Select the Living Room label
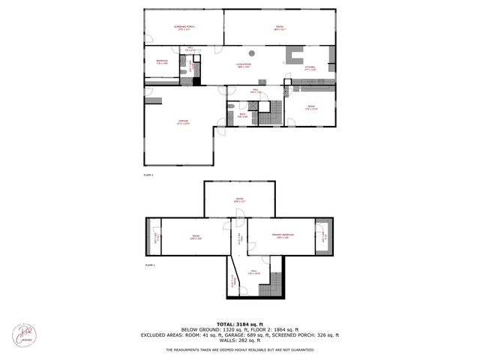coord(243,66)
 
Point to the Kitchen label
coord(309,68)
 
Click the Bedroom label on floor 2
coord(162,61)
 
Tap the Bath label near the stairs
coord(242,115)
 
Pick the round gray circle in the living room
coord(253,52)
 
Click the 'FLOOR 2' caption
coord(148,174)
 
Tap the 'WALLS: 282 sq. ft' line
coord(241,340)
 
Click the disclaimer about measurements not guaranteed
coord(241,349)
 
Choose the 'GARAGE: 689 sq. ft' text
coord(270,335)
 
